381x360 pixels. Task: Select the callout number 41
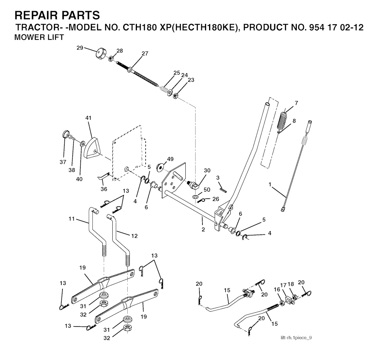[x=89, y=118]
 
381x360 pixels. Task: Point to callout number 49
[x=170, y=159]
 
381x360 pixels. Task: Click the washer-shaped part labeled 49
[x=160, y=167]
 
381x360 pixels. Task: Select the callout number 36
[x=104, y=189]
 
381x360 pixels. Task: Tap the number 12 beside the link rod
[x=134, y=236]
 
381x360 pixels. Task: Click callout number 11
[x=71, y=219]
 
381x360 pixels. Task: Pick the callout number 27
[x=145, y=54]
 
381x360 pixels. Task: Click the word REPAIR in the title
[x=33, y=15]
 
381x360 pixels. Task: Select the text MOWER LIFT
[x=39, y=38]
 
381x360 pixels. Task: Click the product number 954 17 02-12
[x=336, y=27]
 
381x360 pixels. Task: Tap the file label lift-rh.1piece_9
[x=296, y=338]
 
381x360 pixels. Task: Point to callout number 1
[x=270, y=184]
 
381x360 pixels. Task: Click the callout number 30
[x=207, y=171]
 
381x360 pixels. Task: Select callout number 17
[x=284, y=285]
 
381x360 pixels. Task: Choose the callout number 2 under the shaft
[x=203, y=229]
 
